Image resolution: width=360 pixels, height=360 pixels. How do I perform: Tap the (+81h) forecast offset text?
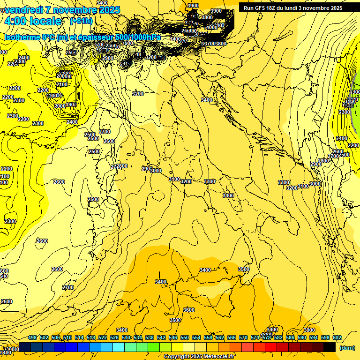point(81,21)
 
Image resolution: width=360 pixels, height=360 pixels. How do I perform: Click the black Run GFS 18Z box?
point(292,7)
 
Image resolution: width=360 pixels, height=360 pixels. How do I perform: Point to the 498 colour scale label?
point(32,337)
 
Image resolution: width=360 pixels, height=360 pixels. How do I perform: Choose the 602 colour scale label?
point(337,337)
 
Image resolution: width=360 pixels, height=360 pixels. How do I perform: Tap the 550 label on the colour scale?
point(185,337)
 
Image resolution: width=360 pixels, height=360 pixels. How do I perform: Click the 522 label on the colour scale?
point(103,337)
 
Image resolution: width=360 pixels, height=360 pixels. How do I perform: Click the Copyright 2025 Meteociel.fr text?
point(199,357)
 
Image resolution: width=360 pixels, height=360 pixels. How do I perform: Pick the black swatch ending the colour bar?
point(330,347)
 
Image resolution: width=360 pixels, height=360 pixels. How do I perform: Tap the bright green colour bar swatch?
point(154,347)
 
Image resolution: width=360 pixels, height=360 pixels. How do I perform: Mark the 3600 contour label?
point(188,310)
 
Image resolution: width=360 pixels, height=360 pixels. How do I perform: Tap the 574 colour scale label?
point(255,337)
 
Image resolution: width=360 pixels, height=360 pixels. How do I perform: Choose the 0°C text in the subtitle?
point(47,37)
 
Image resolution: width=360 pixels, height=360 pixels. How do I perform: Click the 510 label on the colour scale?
point(67,337)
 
